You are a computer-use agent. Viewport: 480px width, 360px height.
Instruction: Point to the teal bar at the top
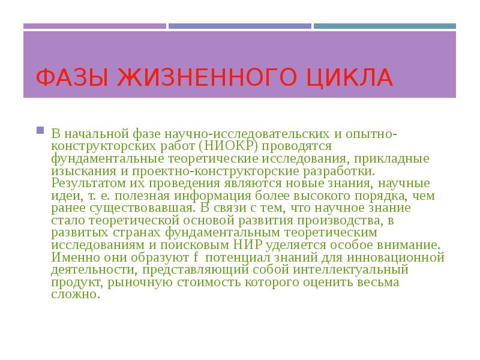point(384,26)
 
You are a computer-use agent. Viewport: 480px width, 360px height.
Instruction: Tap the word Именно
point(72,257)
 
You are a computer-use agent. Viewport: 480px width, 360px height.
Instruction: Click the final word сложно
point(73,295)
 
